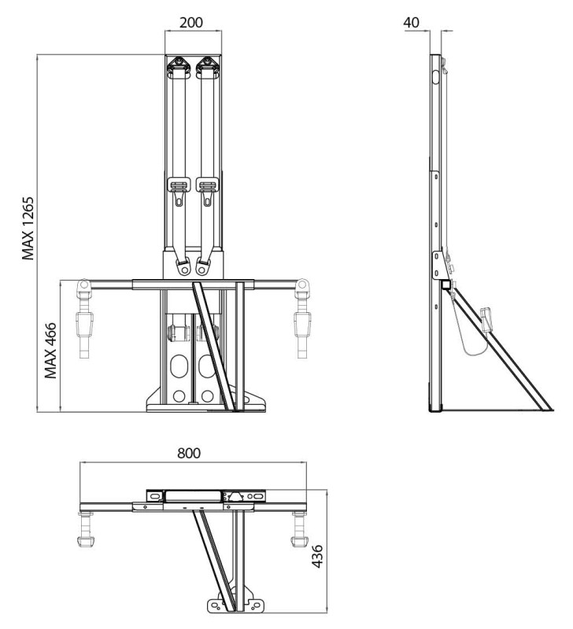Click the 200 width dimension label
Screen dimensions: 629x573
point(192,21)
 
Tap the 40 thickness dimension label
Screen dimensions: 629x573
point(412,22)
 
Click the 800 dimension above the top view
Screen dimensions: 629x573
point(189,454)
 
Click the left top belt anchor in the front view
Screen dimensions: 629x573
point(180,66)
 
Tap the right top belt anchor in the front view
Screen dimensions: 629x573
point(208,66)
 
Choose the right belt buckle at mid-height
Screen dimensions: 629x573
point(208,187)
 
